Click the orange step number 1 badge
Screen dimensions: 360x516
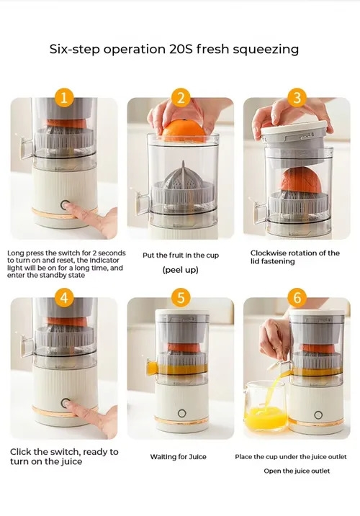pos(64,98)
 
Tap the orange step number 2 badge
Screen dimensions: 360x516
pos(181,98)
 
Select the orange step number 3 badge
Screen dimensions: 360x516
pos(297,98)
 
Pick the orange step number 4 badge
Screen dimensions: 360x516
pos(64,298)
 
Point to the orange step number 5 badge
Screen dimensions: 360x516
pos(181,298)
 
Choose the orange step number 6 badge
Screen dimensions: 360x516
pos(297,298)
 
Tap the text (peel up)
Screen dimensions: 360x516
pos(181,270)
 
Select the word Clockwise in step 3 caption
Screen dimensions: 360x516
pos(268,253)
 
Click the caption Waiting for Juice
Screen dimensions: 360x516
pos(178,457)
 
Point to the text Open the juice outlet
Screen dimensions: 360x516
pos(297,471)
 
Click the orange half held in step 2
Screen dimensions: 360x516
pos(184,131)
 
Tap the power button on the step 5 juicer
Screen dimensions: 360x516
pos(182,413)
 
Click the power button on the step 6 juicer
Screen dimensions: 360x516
pos(318,415)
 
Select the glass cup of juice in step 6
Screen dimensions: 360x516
pos(265,406)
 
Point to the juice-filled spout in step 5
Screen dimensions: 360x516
pos(152,367)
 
